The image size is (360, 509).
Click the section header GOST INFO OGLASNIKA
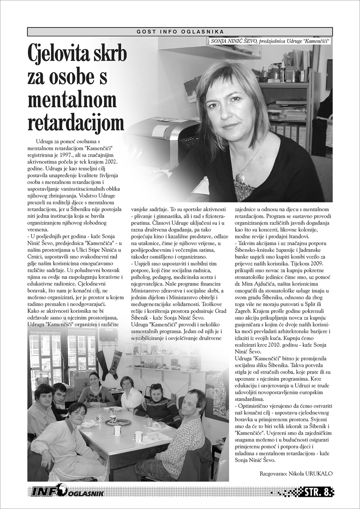tap(180, 32)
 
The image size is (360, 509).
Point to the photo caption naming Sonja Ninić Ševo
tap(269, 41)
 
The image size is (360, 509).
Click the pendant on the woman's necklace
tap(239, 177)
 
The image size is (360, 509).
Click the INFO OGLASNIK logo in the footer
tap(67, 492)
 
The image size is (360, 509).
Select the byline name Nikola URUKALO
tap(311, 472)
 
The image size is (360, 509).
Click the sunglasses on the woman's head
tap(156, 385)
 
